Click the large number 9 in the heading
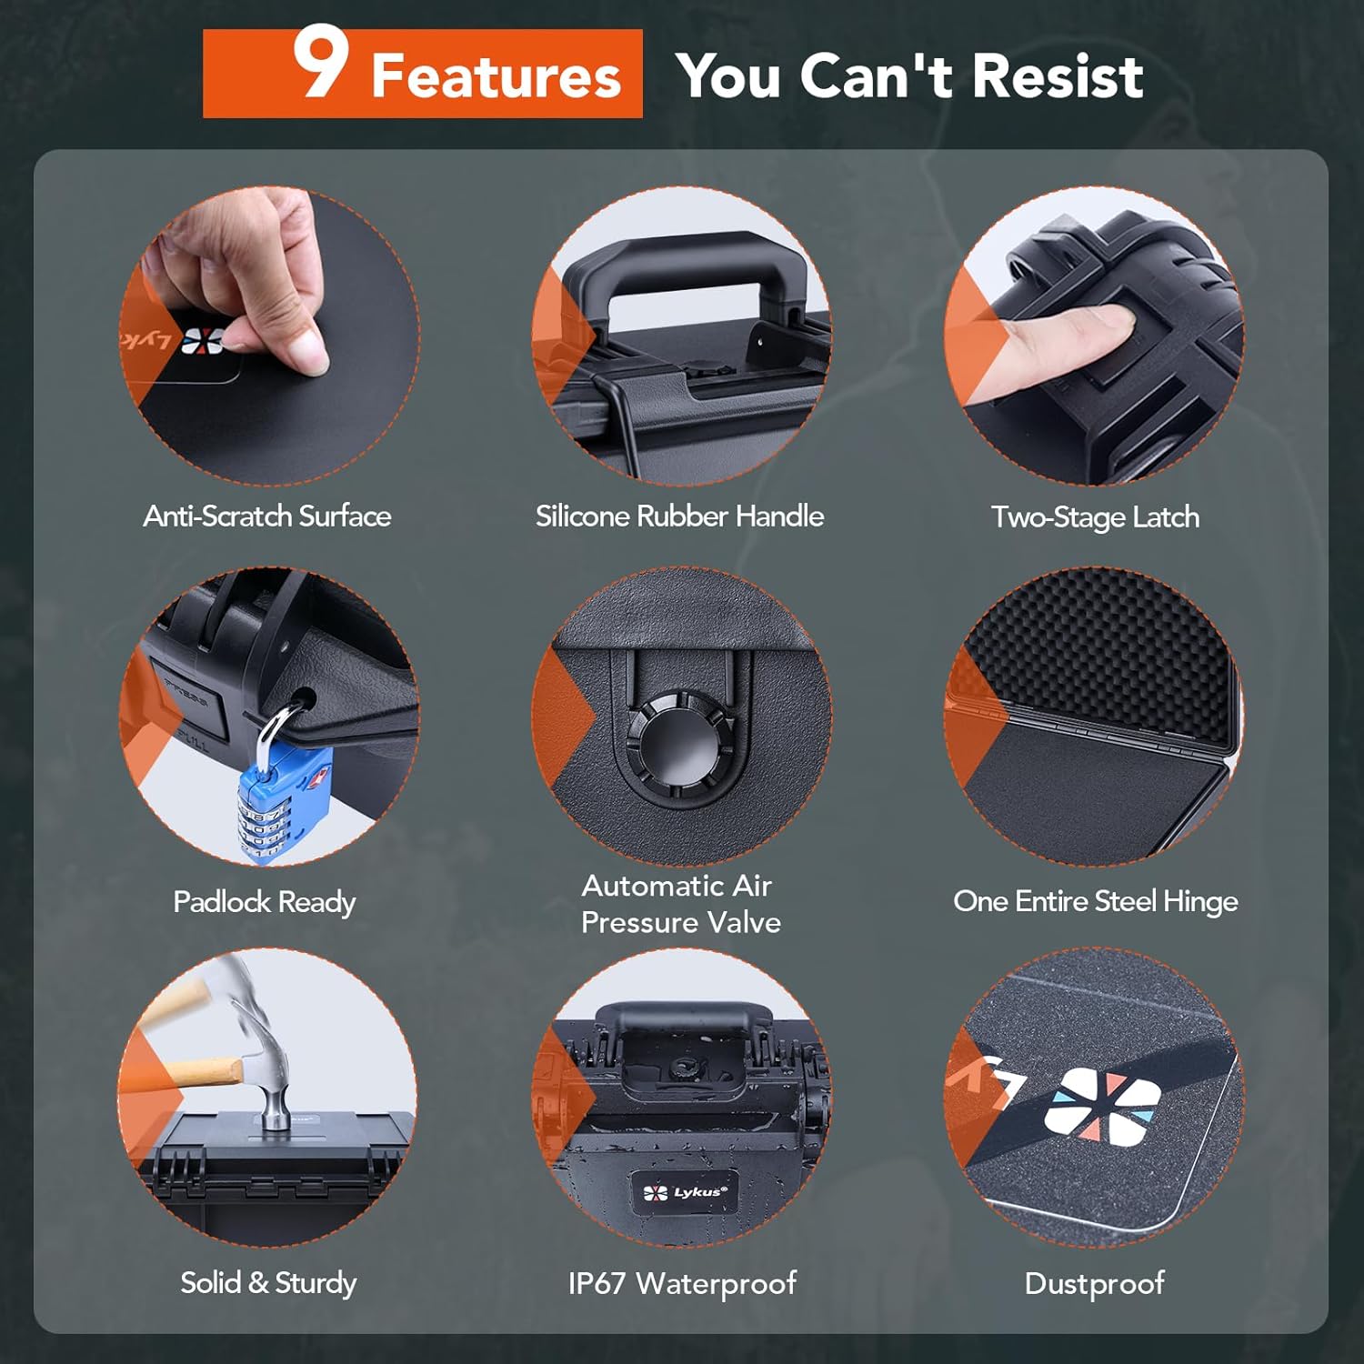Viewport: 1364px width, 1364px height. tap(321, 63)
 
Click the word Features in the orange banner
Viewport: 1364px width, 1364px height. tap(496, 75)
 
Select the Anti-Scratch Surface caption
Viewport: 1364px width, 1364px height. tap(267, 517)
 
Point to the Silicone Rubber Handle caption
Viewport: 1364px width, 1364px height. tap(679, 517)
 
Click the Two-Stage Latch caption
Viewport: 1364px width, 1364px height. tap(1095, 517)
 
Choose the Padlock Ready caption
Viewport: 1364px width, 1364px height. tap(265, 902)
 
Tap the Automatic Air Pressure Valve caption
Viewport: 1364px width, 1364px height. tap(681, 904)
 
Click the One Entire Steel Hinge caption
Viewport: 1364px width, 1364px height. tap(1096, 901)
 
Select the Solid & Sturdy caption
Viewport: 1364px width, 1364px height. tap(268, 1283)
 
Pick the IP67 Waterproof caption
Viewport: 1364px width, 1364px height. tap(682, 1283)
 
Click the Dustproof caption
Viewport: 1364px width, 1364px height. tap(1095, 1283)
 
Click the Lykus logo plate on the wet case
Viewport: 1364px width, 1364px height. tap(685, 1192)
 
